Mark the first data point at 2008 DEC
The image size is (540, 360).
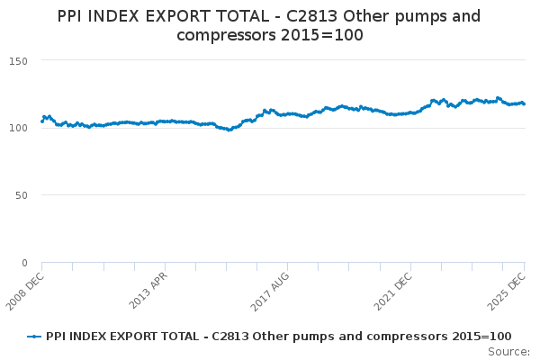point(42,121)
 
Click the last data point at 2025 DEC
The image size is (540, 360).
point(525,103)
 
